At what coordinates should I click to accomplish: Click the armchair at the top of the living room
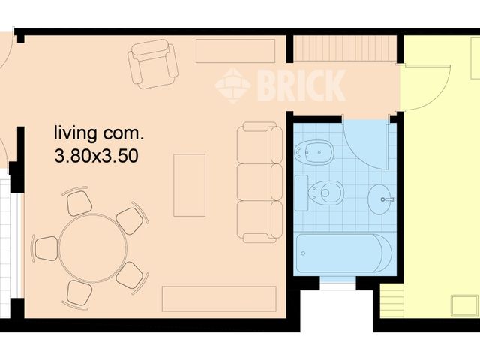click(x=153, y=64)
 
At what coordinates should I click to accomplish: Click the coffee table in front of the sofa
click(x=189, y=184)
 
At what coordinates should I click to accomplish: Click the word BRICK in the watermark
click(x=300, y=85)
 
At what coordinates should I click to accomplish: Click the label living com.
click(x=97, y=135)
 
